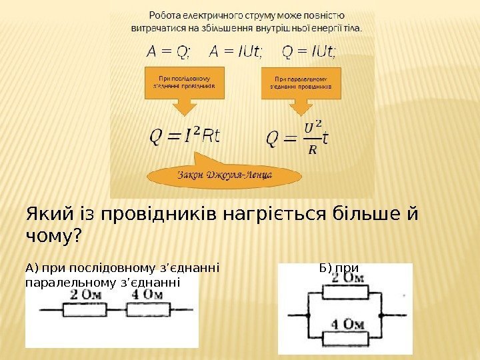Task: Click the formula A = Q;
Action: [167, 51]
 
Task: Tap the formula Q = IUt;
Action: [309, 51]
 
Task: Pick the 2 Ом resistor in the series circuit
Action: [84, 310]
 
